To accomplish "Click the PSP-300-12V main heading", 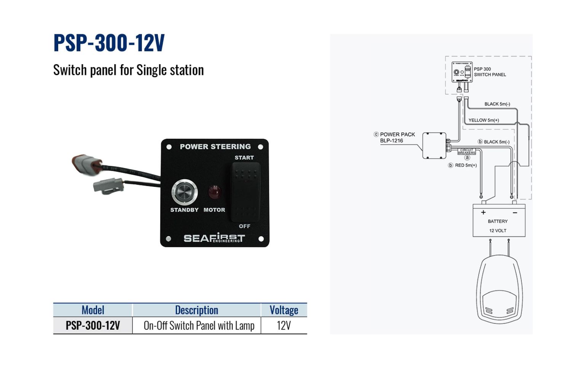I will (109, 43).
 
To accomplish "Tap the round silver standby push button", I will (185, 192).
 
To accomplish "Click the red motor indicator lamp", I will (215, 193).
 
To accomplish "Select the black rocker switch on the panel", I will (246, 192).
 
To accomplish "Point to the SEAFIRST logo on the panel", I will (214, 238).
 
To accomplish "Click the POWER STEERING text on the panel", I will (215, 147).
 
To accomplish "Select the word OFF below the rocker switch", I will (244, 226).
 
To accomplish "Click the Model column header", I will (93, 310).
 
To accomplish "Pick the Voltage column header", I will (284, 310).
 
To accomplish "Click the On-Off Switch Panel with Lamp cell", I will (199, 326).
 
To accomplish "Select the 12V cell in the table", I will (284, 326).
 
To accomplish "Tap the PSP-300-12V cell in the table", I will (93, 326).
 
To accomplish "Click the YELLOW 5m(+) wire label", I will (484, 120).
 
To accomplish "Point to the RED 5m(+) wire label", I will (466, 165).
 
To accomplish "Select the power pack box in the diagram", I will (434, 145).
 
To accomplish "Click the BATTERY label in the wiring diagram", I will (498, 221).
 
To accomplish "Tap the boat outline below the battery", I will (500, 289).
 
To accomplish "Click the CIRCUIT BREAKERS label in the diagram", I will (467, 151).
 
